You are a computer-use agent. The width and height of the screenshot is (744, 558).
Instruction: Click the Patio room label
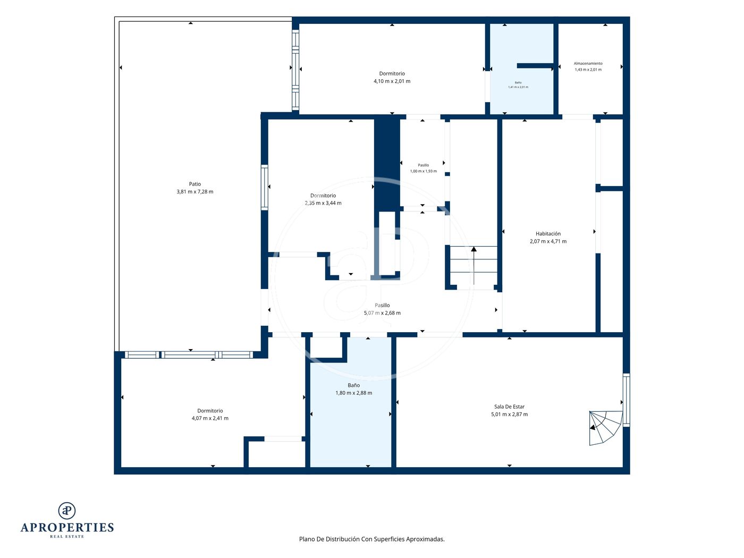(x=195, y=184)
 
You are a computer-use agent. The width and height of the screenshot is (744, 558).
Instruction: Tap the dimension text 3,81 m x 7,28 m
(x=195, y=192)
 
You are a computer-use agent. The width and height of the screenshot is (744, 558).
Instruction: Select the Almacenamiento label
(x=588, y=63)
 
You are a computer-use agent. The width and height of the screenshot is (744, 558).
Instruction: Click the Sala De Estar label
(x=509, y=407)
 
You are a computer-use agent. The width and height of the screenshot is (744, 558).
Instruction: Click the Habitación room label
(x=548, y=234)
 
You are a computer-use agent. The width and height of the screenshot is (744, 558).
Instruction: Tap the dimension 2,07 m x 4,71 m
(x=548, y=241)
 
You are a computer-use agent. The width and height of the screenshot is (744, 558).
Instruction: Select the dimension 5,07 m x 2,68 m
(x=382, y=313)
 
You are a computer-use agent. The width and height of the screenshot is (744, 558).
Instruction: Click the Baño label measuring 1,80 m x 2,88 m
(x=353, y=385)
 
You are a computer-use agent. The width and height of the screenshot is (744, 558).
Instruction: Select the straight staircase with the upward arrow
(x=474, y=265)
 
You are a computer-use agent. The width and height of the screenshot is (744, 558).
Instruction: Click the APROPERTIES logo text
(x=67, y=527)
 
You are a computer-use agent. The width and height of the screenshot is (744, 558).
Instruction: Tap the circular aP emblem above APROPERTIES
(x=67, y=511)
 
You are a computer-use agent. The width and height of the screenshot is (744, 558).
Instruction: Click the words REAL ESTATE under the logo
(x=67, y=536)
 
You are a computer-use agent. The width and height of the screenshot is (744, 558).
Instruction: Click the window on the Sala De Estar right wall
(x=626, y=400)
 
